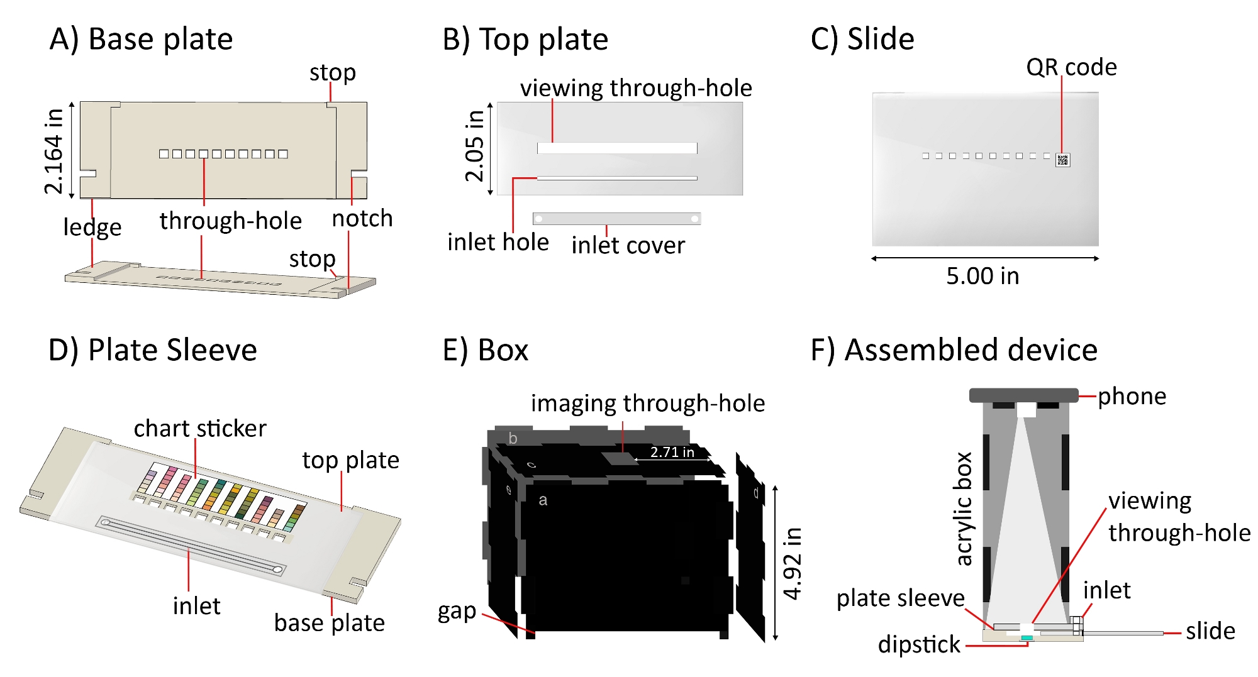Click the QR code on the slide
pyautogui.click(x=1062, y=160)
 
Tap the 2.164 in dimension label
pyautogui.click(x=54, y=151)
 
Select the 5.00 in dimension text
pyautogui.click(x=982, y=276)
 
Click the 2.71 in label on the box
pyautogui.click(x=672, y=452)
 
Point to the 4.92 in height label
pyautogui.click(x=793, y=563)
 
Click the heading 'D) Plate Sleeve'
pyautogui.click(x=153, y=350)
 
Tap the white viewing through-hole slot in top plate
pyautogui.click(x=616, y=148)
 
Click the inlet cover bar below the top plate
pyautogui.click(x=616, y=219)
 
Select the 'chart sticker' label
pyautogui.click(x=200, y=429)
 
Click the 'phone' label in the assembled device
pyautogui.click(x=1132, y=397)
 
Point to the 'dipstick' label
pyautogui.click(x=919, y=644)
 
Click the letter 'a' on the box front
pyautogui.click(x=543, y=500)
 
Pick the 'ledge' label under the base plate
pyautogui.click(x=92, y=227)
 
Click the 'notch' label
pyautogui.click(x=362, y=219)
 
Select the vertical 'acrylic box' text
pyautogui.click(x=963, y=509)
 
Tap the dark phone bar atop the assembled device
pyautogui.click(x=1023, y=395)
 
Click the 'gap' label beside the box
pyautogui.click(x=457, y=611)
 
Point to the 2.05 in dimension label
pyautogui.click(x=475, y=146)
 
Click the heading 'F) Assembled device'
pyautogui.click(x=954, y=350)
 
